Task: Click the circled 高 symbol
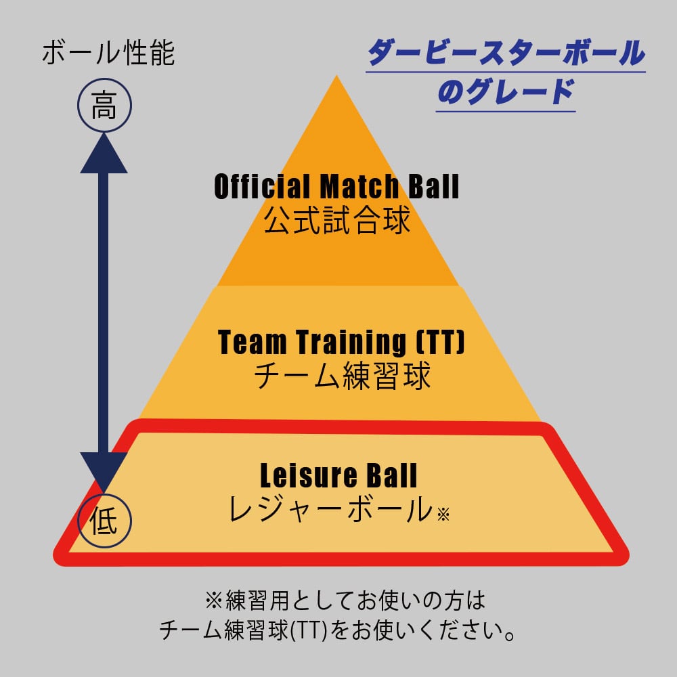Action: click(104, 106)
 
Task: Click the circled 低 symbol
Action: click(104, 521)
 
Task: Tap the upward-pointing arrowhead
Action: click(104, 153)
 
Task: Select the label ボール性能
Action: click(108, 53)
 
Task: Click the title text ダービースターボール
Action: click(506, 53)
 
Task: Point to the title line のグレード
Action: click(506, 92)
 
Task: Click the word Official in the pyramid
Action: click(262, 187)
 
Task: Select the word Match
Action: click(359, 187)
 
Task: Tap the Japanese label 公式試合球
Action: click(336, 221)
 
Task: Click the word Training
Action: click(351, 343)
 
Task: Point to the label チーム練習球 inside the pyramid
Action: click(342, 376)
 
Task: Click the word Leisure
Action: click(308, 475)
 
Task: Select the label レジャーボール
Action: click(331, 508)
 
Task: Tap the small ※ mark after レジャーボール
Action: click(443, 515)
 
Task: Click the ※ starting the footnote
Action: click(214, 600)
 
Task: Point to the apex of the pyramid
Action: click(336, 76)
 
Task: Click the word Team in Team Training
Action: click(252, 343)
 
